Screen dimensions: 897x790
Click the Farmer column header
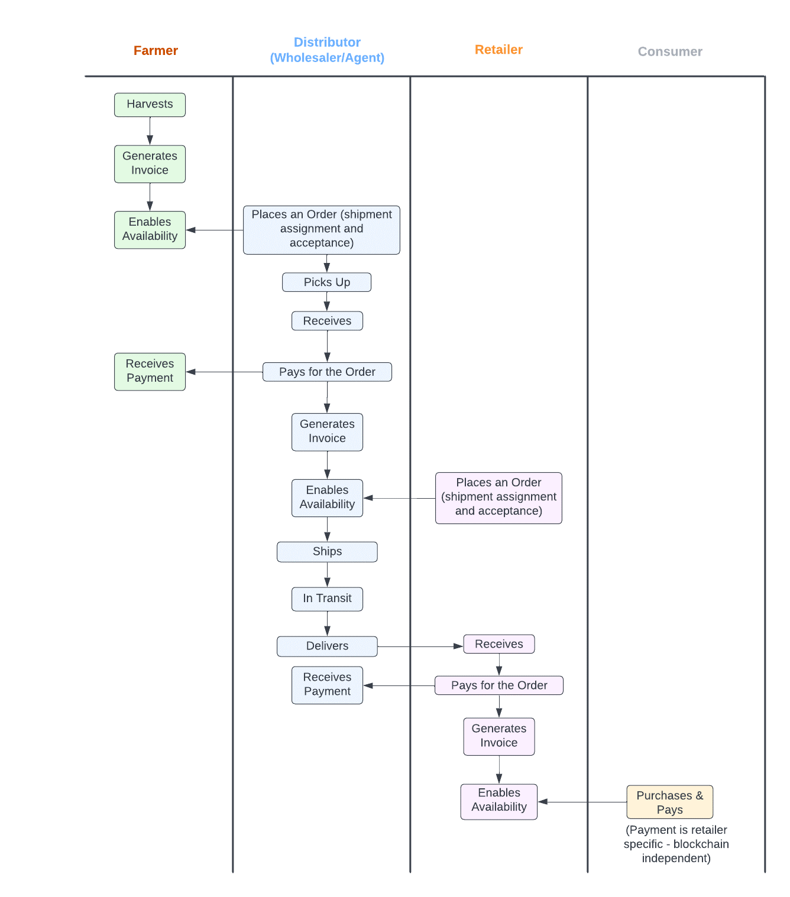click(x=156, y=51)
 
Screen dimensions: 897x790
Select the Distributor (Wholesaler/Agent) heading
click(x=327, y=50)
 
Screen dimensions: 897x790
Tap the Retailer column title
click(x=498, y=50)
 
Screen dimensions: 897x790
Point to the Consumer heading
click(x=670, y=51)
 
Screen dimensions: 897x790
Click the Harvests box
click(x=150, y=105)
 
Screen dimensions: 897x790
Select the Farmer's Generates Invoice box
click(x=150, y=164)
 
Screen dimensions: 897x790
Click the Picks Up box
click(x=326, y=282)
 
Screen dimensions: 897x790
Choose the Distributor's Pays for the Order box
click(x=327, y=372)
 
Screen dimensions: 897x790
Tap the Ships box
click(x=327, y=551)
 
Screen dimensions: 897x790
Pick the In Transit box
click(x=327, y=599)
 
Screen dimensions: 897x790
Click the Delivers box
click(x=327, y=646)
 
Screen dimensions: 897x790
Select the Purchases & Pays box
click(x=669, y=802)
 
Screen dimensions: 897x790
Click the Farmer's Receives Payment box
click(x=150, y=371)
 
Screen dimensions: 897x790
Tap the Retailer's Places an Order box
click(x=498, y=498)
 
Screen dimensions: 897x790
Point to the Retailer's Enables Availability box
click(x=498, y=801)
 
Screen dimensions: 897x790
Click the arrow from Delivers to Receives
click(x=420, y=646)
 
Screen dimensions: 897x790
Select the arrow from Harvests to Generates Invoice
click(x=150, y=131)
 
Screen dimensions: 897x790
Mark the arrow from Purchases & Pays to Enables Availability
click(x=582, y=802)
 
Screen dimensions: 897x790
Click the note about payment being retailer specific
click(x=676, y=844)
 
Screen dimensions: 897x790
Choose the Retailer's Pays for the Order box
click(x=498, y=685)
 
